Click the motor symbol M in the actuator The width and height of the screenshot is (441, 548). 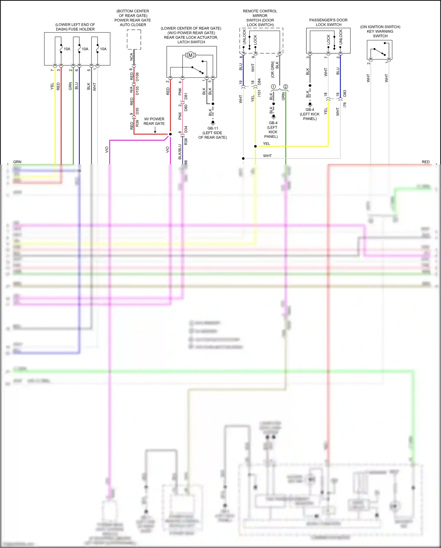point(190,55)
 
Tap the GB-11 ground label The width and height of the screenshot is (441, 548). point(213,128)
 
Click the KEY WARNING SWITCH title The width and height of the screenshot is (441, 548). point(380,31)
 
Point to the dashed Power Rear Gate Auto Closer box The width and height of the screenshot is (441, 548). point(134,39)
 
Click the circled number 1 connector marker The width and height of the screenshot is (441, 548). point(273,87)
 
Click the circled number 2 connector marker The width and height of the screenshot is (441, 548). point(285,87)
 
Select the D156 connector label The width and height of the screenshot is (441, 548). point(137,77)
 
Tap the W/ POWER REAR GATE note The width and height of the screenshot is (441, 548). point(154,121)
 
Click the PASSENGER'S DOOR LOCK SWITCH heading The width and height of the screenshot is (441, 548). point(328,22)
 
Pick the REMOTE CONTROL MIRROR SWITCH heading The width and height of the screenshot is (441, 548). point(260,18)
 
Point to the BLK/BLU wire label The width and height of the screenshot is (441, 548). point(180,152)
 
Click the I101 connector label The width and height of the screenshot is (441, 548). point(259,93)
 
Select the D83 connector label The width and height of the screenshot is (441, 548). point(345,93)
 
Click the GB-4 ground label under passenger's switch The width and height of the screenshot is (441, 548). point(310,110)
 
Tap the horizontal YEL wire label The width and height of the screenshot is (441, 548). point(266,144)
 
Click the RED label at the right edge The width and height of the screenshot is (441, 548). point(425,162)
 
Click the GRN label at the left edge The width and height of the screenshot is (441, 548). point(17,162)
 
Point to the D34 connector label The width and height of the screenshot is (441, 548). point(186,129)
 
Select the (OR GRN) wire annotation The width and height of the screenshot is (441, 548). point(273,69)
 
